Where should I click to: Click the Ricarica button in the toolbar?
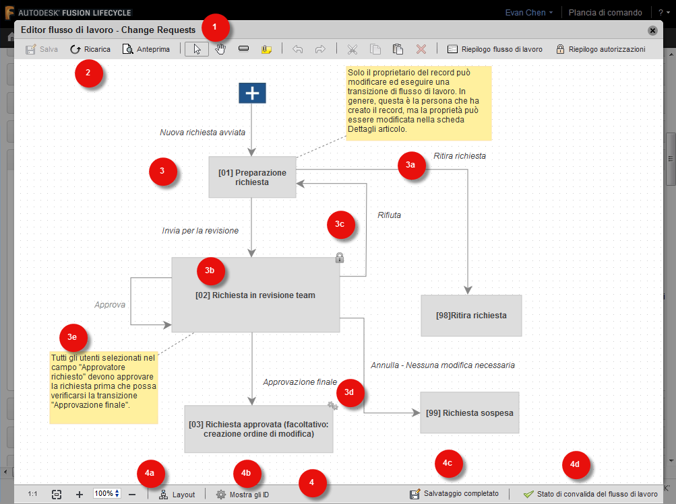click(90, 49)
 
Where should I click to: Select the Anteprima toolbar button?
click(146, 49)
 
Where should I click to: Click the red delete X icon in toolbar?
click(421, 49)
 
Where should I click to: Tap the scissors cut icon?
click(352, 49)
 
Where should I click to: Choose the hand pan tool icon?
click(220, 49)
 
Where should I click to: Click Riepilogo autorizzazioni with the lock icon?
click(600, 49)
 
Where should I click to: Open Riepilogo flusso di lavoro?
click(495, 49)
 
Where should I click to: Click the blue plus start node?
click(252, 94)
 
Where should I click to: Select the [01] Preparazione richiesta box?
click(252, 178)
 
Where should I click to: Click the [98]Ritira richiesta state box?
click(471, 315)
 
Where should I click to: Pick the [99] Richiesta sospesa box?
click(469, 412)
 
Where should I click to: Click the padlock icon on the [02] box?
click(340, 257)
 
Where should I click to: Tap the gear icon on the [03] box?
click(332, 405)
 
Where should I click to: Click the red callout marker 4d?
click(575, 464)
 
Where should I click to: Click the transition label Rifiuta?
click(389, 215)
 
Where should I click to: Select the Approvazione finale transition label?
click(299, 382)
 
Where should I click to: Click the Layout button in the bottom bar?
click(177, 495)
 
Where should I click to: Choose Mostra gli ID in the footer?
click(243, 495)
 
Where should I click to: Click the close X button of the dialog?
click(652, 30)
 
